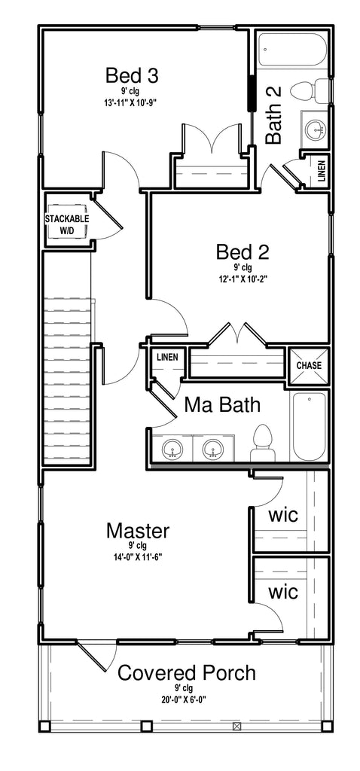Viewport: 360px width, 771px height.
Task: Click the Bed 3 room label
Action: (133, 76)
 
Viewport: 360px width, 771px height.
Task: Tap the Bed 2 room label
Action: (243, 252)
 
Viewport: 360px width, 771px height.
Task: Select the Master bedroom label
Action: (138, 531)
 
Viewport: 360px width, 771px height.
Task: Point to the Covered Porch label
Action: (187, 673)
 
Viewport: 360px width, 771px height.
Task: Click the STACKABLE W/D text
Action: (67, 224)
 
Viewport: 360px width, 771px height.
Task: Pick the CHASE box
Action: (309, 365)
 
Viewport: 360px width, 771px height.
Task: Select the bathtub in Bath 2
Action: (293, 48)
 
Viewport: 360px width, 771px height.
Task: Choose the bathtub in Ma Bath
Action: (309, 426)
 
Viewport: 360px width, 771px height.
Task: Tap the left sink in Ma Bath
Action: (172, 449)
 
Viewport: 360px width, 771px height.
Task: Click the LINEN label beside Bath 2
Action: (321, 171)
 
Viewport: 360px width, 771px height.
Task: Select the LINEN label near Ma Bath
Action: (168, 358)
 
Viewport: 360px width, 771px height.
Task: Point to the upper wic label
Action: (283, 515)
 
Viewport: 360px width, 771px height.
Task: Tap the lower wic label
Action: (283, 592)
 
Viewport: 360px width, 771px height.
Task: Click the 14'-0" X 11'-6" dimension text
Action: (138, 557)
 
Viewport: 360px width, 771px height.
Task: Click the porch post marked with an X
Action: (237, 726)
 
